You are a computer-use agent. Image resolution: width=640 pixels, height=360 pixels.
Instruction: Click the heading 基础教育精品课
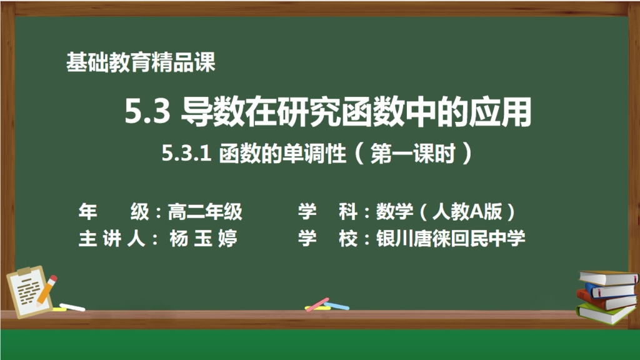click(141, 62)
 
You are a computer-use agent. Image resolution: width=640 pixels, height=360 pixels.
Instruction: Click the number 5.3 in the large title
click(147, 113)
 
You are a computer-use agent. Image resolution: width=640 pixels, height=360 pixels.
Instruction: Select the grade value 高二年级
click(204, 212)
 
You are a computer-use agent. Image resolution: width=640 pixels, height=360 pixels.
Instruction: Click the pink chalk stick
click(317, 304)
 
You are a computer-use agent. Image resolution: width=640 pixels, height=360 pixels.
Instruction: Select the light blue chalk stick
click(337, 306)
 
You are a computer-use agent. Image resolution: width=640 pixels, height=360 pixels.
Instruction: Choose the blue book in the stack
click(609, 289)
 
